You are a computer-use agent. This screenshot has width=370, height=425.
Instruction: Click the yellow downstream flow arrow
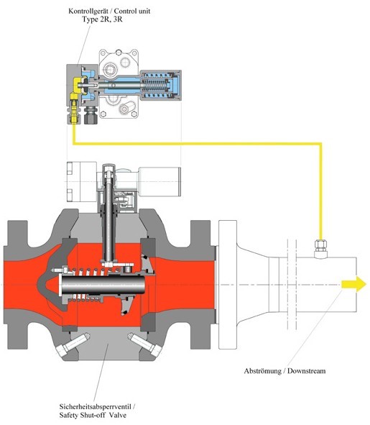353,284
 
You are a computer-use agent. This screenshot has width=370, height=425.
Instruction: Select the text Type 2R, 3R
102,19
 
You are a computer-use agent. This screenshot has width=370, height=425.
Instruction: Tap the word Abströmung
263,371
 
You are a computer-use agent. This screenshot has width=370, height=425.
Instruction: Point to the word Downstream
306,371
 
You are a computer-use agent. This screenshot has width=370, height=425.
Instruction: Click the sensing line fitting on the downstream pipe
321,248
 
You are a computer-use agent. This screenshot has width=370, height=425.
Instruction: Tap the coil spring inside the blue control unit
155,86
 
